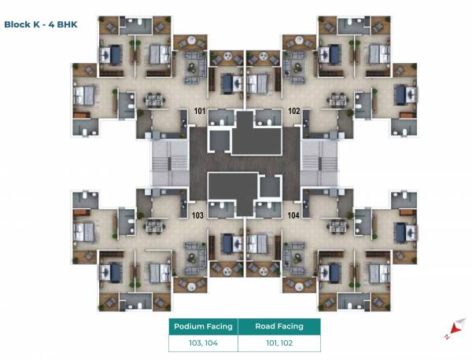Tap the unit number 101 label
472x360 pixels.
(199, 112)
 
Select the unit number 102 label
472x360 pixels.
(293, 112)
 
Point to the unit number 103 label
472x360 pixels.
(197, 215)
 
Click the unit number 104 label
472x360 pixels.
(293, 215)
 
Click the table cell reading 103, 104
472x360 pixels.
(201, 343)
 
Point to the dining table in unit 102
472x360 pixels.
(337, 100)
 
